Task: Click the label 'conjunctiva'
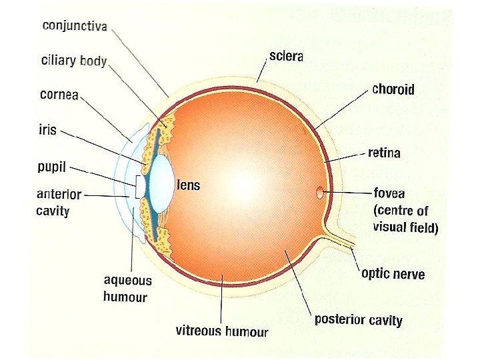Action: coord(75,25)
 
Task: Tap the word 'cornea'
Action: coord(59,94)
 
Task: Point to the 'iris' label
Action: coord(47,129)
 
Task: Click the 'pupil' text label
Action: coord(51,166)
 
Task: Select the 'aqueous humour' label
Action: coord(127,288)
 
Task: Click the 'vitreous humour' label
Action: coord(222,331)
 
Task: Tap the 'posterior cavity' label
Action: coord(358,319)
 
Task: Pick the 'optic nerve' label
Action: coord(393,273)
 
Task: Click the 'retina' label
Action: coord(384,153)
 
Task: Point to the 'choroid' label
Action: coord(393,89)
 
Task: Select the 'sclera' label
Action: coord(286,56)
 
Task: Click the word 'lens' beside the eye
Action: coord(189,185)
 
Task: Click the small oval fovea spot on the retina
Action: coord(320,194)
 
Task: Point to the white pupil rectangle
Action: coord(139,186)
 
